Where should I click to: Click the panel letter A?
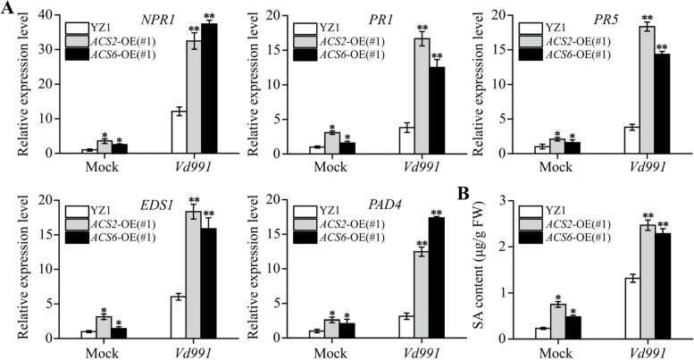8,9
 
